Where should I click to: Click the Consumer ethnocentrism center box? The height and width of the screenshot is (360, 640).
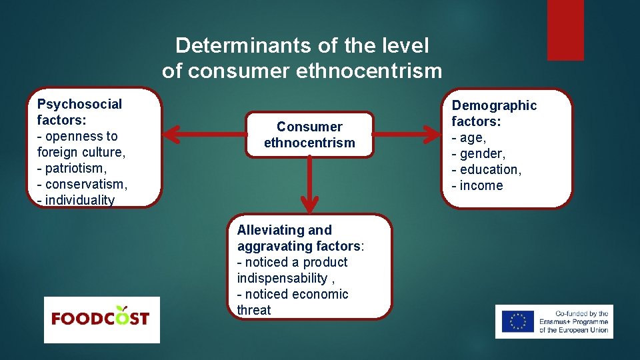(x=309, y=135)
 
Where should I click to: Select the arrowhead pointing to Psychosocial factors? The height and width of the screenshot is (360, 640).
(x=171, y=135)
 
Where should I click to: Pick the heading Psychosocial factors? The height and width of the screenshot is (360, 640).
(x=80, y=112)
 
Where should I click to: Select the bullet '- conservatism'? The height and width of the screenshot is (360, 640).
(x=82, y=184)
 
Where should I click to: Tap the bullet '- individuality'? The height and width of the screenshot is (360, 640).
(x=76, y=200)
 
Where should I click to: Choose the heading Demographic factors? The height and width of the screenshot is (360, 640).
(x=494, y=113)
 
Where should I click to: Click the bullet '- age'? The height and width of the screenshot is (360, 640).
(x=469, y=137)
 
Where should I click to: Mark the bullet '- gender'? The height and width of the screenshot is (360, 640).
(x=478, y=153)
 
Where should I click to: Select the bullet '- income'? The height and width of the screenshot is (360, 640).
(x=477, y=185)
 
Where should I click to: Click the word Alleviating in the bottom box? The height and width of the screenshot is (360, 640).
(x=269, y=230)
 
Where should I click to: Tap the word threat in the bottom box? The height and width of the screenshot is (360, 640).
(x=254, y=310)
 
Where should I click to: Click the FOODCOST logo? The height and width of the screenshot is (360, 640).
(x=101, y=319)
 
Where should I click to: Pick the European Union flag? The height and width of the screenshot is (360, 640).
(x=517, y=321)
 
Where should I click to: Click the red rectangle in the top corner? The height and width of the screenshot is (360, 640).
(x=565, y=29)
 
